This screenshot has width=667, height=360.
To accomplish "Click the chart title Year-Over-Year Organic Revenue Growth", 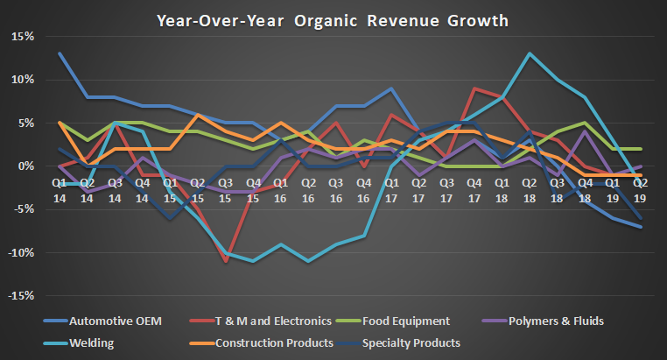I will coord(333,18).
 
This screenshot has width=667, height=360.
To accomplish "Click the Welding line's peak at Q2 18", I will coord(528,53).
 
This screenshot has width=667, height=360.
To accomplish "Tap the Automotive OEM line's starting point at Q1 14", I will coord(60,53).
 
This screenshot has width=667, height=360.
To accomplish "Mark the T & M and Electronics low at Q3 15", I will coord(225,261).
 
